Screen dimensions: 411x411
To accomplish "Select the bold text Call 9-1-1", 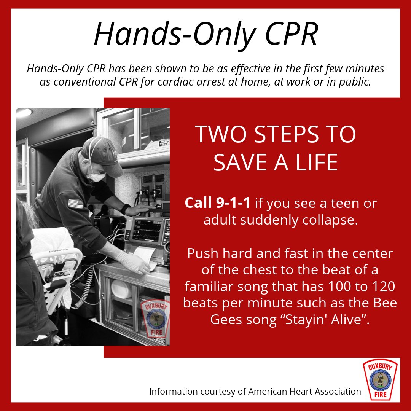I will point(218,203).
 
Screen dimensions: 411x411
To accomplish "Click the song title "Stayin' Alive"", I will point(327,319).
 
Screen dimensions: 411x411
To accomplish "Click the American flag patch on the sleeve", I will point(75,204).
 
